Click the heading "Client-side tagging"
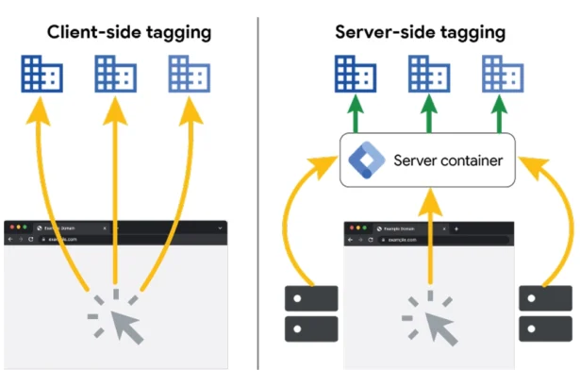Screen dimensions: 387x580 [x=130, y=33]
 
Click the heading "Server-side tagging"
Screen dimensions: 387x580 [x=421, y=33]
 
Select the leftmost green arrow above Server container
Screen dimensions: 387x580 [x=357, y=116]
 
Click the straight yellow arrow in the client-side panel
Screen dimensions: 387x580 [x=115, y=189]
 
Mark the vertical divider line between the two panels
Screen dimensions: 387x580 [x=259, y=189]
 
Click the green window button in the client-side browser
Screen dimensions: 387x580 [x=25, y=227]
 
